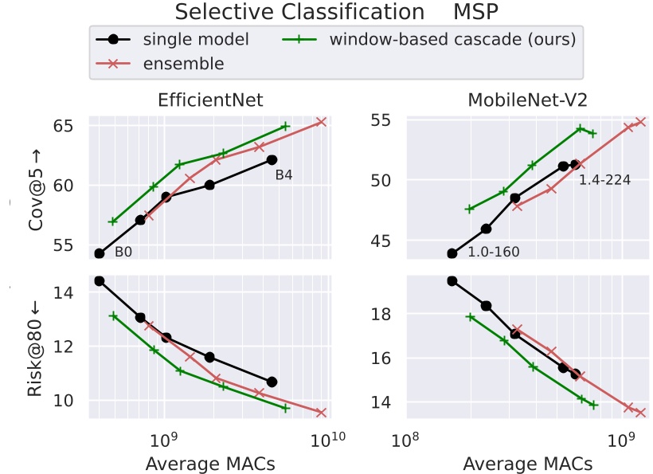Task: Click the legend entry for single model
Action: click(195, 39)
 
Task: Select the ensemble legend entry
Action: click(184, 63)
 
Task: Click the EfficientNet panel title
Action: click(210, 100)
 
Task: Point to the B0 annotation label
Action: click(123, 253)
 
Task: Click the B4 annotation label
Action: click(284, 175)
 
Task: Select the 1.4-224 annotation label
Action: click(604, 180)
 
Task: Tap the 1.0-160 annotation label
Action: click(494, 253)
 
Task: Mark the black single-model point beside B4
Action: click(272, 159)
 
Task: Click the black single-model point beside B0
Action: click(100, 253)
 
